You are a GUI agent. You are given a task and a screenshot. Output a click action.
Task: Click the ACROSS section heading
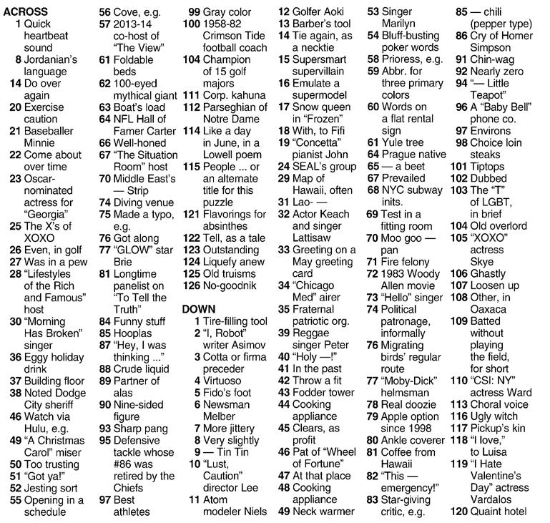[x=26, y=12]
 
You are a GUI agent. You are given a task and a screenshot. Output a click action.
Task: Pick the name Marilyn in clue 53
[x=399, y=24]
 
